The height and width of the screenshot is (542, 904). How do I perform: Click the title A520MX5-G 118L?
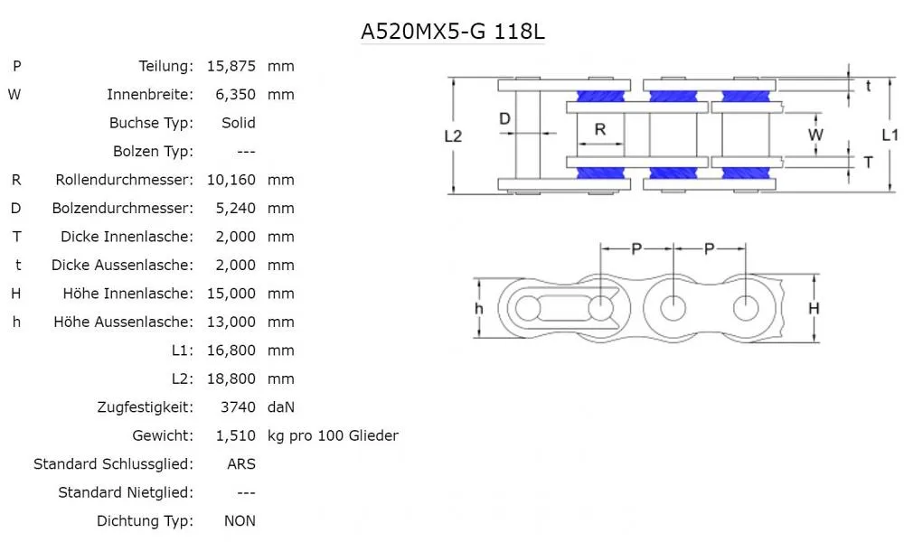click(453, 33)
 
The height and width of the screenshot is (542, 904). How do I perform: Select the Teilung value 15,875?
click(231, 66)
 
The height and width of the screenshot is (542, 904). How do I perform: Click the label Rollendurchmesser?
click(124, 180)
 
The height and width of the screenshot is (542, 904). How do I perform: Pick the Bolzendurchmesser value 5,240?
click(231, 208)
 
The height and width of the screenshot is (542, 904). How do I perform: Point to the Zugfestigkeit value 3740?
click(239, 407)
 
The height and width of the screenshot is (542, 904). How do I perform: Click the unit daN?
click(281, 407)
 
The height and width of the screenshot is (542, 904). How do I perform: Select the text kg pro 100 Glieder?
click(333, 435)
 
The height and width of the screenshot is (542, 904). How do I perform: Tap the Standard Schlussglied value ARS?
click(241, 464)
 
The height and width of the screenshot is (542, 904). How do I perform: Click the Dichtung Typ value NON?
click(240, 521)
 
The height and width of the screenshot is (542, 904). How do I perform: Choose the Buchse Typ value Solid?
click(239, 123)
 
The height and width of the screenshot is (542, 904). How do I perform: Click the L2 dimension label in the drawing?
click(454, 136)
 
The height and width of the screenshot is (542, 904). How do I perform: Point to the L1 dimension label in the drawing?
click(890, 135)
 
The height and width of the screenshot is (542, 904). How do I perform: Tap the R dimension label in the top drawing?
click(600, 129)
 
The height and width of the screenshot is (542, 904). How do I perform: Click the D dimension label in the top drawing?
click(505, 118)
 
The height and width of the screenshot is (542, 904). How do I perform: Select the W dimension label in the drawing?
click(815, 135)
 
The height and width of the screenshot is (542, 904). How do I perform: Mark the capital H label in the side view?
click(814, 308)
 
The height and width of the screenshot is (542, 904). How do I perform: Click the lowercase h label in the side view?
click(479, 308)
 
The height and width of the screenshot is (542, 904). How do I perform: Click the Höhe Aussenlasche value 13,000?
click(231, 322)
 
